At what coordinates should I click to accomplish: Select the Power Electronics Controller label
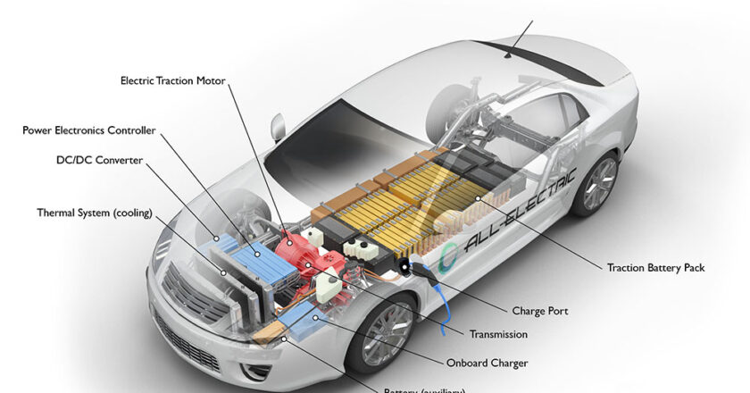tap(89, 130)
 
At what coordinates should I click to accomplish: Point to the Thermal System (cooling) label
tap(95, 213)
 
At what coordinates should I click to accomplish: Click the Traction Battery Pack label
tap(655, 267)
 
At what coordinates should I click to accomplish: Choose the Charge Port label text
tap(540, 312)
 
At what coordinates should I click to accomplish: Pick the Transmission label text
tap(498, 334)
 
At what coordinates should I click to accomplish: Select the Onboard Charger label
tap(487, 363)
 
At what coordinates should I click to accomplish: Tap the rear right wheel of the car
tap(597, 184)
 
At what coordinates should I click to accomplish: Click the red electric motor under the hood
tap(304, 249)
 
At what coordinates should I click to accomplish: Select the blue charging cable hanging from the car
tap(440, 304)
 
